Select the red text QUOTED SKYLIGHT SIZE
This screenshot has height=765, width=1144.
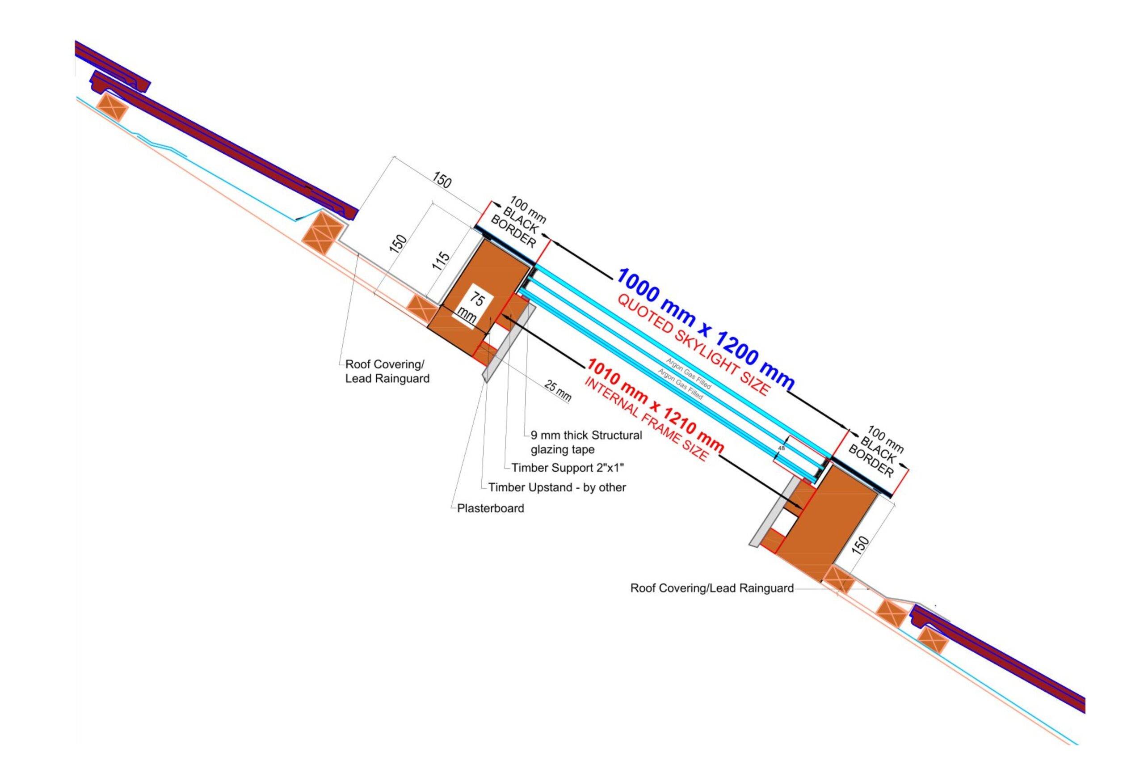coord(694,346)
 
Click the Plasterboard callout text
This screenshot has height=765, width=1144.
coord(490,508)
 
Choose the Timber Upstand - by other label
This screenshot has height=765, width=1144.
coord(557,487)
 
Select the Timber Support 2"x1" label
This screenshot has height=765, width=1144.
coord(568,468)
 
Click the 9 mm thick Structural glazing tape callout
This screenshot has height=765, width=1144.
coord(586,442)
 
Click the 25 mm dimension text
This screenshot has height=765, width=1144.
coord(557,391)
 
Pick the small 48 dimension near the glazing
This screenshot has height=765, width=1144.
coord(781,448)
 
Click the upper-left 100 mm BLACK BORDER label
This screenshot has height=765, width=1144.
coord(518,222)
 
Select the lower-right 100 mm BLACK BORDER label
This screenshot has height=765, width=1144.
coord(876,452)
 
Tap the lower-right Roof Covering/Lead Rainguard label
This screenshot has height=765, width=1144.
coord(712,588)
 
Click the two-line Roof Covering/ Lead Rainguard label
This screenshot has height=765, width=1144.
coord(387,371)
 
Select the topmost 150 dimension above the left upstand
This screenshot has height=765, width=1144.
coord(442,180)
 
